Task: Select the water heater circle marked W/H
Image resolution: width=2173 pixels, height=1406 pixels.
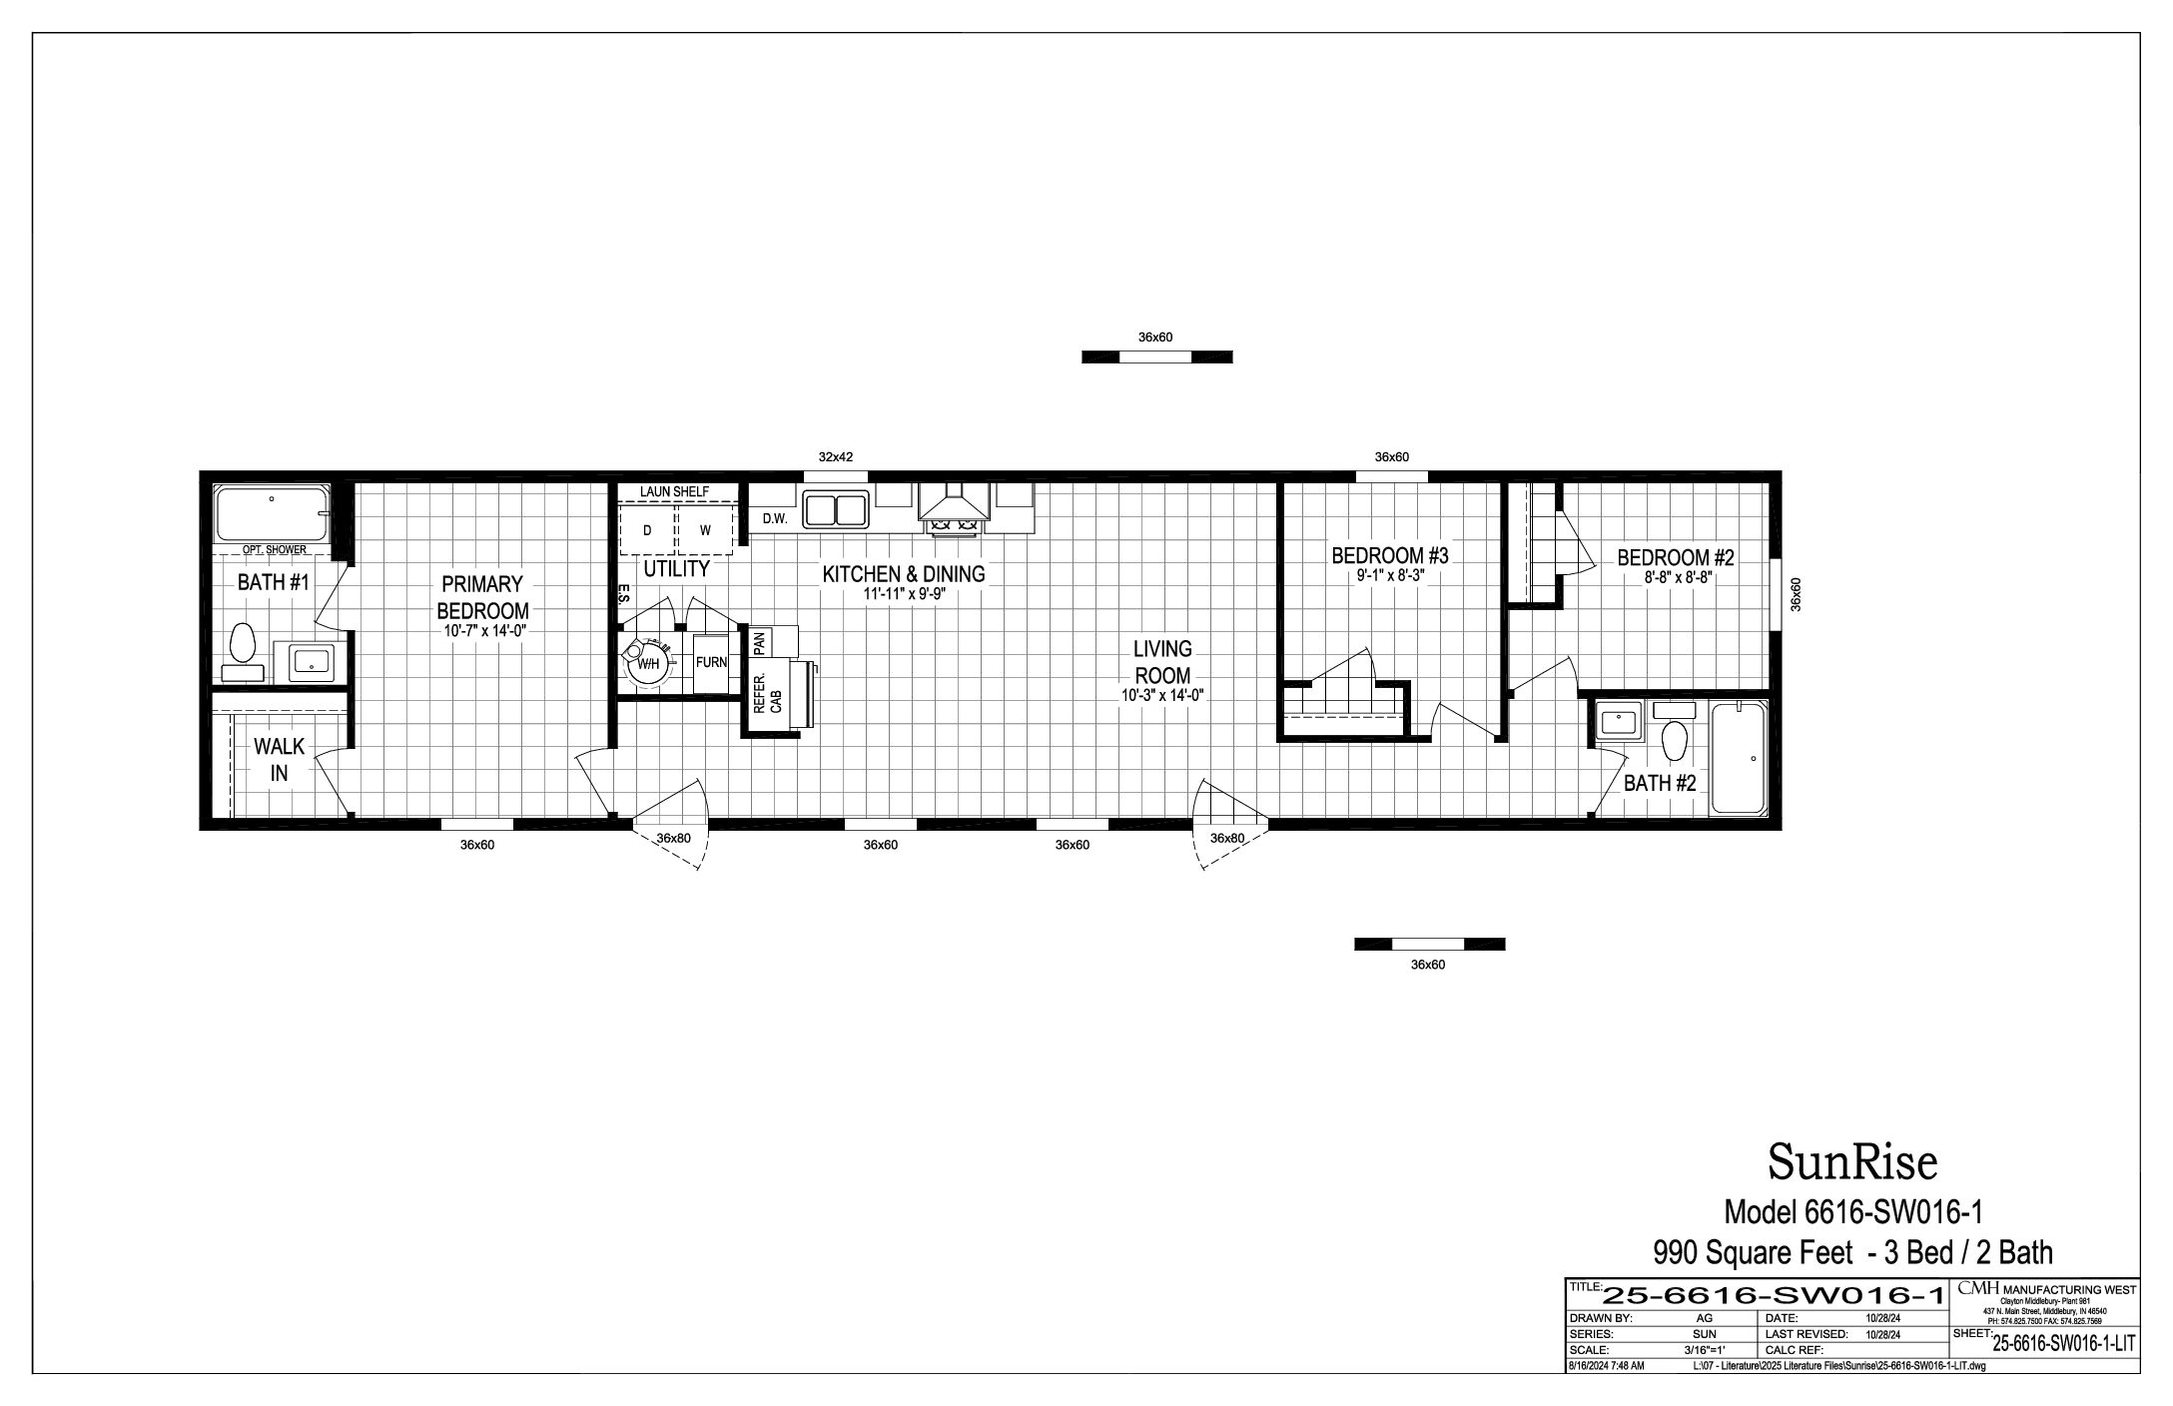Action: click(647, 662)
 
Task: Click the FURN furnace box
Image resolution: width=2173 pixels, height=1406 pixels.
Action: click(711, 663)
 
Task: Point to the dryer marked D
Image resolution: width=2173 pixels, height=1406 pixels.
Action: click(647, 529)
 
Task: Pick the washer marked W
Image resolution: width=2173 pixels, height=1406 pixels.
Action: click(706, 529)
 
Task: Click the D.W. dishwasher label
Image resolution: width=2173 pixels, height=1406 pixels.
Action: click(775, 519)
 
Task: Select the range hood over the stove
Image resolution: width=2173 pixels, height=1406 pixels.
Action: click(955, 503)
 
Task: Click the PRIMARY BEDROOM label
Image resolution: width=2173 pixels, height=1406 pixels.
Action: click(483, 597)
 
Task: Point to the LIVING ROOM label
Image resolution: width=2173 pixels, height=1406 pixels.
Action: click(1162, 662)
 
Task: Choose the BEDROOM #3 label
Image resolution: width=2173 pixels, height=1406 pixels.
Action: click(1390, 556)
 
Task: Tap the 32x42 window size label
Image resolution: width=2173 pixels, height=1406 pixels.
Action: click(836, 457)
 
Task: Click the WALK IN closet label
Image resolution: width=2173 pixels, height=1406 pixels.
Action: click(280, 760)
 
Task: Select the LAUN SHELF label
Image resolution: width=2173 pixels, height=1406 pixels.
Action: click(674, 492)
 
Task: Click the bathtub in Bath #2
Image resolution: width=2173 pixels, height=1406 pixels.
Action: click(1739, 759)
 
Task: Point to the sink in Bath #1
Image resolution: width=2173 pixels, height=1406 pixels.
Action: click(312, 662)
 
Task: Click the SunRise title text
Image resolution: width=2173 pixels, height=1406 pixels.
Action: click(1852, 1161)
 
